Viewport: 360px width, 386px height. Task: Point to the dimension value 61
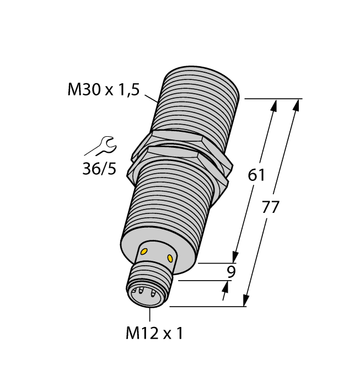[257, 175]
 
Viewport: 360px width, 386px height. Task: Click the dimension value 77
[270, 208]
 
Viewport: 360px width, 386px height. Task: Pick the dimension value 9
[232, 271]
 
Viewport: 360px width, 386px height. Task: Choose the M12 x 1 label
[154, 333]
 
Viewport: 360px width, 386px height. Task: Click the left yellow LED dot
[144, 252]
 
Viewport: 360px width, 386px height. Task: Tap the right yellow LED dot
[170, 258]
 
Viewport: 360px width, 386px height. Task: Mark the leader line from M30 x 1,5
[151, 99]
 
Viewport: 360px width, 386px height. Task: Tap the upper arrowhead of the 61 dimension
[274, 105]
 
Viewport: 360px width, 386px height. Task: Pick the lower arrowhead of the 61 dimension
[235, 258]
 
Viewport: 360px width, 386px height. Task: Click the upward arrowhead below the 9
[226, 286]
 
